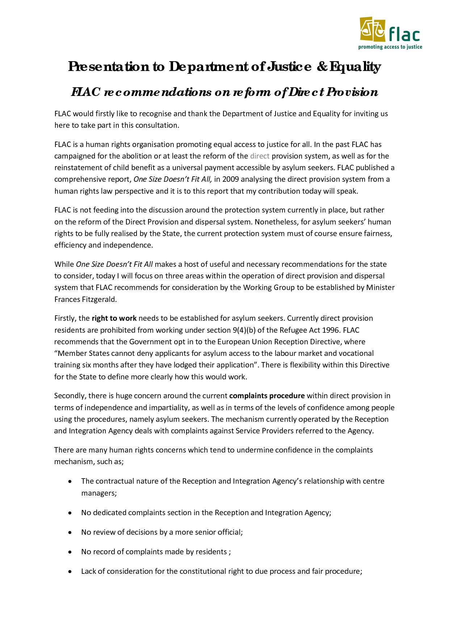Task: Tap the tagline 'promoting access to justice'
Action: [x=390, y=47]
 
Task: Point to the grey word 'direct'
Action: [x=260, y=156]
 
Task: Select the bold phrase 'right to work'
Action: [x=114, y=318]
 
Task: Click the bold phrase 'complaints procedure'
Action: [x=267, y=396]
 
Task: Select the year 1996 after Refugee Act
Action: [x=331, y=330]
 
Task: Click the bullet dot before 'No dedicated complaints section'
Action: [x=69, y=513]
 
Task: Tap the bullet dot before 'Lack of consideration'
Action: [x=69, y=572]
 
